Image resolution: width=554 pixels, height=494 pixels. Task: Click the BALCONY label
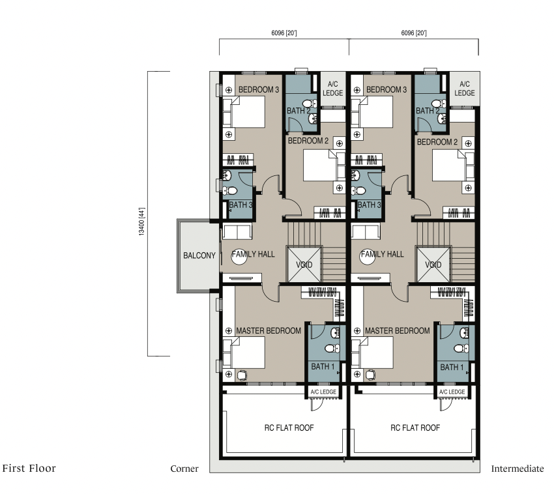[x=199, y=255]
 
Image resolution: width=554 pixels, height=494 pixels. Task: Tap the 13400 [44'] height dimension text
[x=141, y=222]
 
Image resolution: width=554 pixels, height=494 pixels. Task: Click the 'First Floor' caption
[x=29, y=468]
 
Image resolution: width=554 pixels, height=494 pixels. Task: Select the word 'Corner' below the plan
[x=184, y=469]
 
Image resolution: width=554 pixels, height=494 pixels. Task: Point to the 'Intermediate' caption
[x=518, y=469]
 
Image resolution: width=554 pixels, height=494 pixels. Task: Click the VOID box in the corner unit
[x=304, y=265]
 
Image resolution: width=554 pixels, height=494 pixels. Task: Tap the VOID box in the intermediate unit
[x=433, y=265]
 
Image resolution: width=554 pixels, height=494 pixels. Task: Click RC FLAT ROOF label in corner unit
[x=289, y=428]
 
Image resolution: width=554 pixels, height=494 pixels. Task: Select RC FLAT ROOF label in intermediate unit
[x=415, y=428]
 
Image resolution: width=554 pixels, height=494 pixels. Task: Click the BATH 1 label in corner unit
[x=323, y=367]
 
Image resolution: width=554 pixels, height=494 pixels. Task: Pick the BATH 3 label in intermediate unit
[x=369, y=205]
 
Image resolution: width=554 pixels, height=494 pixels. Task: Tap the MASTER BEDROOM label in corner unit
[x=269, y=331]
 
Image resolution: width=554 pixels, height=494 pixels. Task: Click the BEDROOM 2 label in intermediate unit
[x=437, y=142]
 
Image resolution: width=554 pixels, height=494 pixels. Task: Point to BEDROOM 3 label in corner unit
[x=259, y=90]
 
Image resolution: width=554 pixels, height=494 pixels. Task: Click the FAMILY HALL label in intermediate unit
[x=382, y=254]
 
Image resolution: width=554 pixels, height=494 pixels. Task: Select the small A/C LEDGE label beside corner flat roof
[x=323, y=392]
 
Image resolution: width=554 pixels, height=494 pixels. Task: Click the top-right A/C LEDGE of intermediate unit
[x=465, y=89]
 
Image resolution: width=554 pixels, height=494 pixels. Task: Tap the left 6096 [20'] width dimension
[x=284, y=33]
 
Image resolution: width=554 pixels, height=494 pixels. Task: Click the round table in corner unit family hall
[x=239, y=257]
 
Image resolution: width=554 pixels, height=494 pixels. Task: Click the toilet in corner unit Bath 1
[x=332, y=349]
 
